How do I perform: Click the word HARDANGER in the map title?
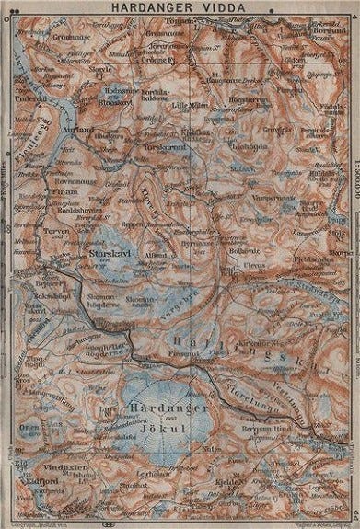154,8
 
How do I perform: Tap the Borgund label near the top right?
317,31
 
